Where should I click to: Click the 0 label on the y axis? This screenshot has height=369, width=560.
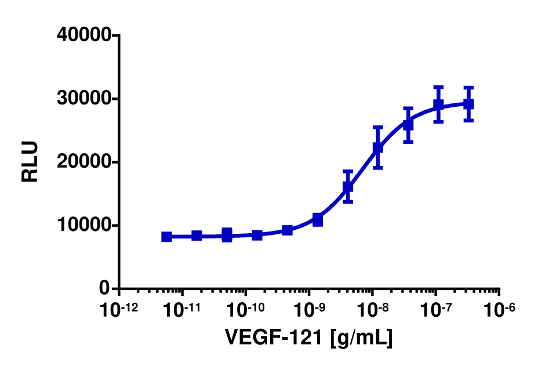[x=104, y=288]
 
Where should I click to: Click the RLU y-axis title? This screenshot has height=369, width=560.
[x=30, y=162]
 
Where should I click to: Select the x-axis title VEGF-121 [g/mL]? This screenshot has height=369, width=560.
[x=308, y=337]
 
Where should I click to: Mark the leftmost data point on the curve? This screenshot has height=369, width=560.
[x=166, y=237]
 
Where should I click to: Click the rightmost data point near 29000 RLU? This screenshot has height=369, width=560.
[x=468, y=104]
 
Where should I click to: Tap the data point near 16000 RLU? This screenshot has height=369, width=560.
[x=348, y=187]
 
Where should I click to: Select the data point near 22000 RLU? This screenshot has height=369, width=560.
[x=378, y=148]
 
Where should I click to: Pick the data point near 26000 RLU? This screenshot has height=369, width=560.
[x=408, y=124]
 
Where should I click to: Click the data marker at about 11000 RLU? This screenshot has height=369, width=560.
[x=318, y=220]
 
